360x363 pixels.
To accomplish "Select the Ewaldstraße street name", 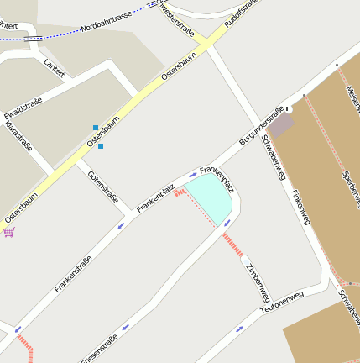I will tap(23, 108).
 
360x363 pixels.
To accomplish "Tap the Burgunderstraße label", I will tap(262, 124).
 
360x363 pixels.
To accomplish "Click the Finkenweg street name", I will tap(300, 206).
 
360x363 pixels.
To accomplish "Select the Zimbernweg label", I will tap(257, 281).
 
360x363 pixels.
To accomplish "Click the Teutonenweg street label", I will tap(280, 300).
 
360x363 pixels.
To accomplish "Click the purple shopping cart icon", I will tap(9, 231).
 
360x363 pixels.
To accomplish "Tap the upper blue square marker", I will tap(96, 128).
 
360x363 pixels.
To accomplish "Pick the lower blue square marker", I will tap(101, 146).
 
